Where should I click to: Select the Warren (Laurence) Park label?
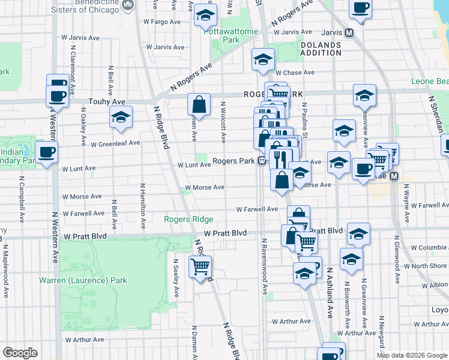pyautogui.click(x=83, y=280)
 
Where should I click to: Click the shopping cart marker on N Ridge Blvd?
pyautogui.click(x=200, y=266)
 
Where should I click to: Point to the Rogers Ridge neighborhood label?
pyautogui.click(x=188, y=219)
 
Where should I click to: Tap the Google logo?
pyautogui.click(x=20, y=353)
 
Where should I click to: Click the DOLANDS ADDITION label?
pyautogui.click(x=321, y=49)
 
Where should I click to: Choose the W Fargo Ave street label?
pyautogui.click(x=162, y=21)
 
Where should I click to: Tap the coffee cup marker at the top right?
pyautogui.click(x=361, y=8)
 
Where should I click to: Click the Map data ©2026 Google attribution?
pyautogui.click(x=411, y=355)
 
